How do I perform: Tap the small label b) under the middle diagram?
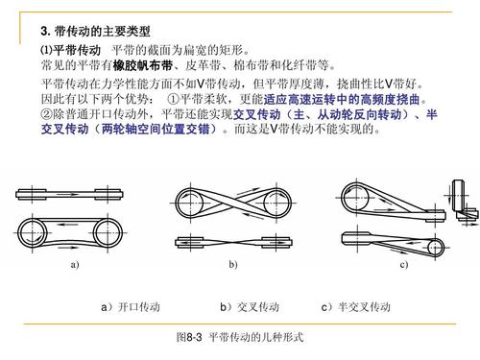click(x=231, y=263)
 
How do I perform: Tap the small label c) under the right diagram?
click(x=403, y=263)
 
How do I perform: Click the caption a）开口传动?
click(x=129, y=306)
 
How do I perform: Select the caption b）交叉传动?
click(x=249, y=306)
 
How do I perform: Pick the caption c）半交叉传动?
click(x=357, y=306)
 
